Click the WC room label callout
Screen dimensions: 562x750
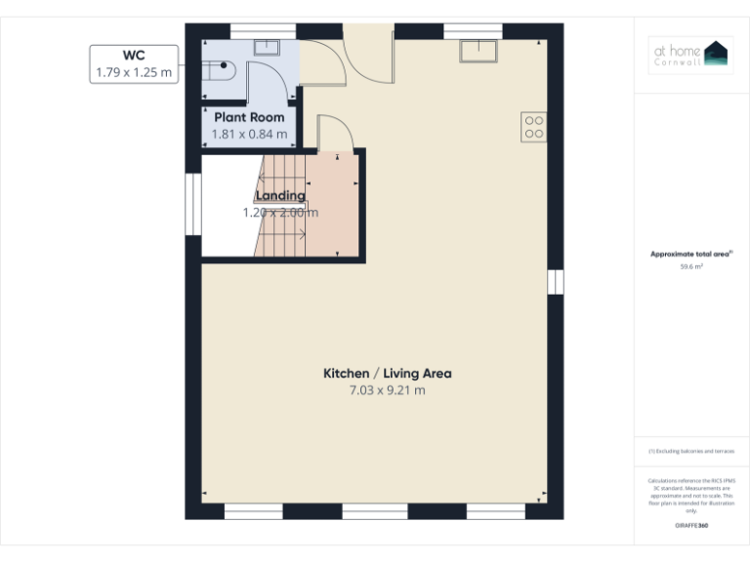pyautogui.click(x=135, y=63)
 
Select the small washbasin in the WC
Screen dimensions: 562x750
pyautogui.click(x=266, y=46)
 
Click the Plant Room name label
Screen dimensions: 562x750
pyautogui.click(x=250, y=117)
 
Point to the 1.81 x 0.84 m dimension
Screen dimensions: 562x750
pyautogui.click(x=250, y=134)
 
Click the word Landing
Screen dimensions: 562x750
pyautogui.click(x=280, y=195)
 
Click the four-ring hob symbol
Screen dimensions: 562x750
pyautogui.click(x=534, y=127)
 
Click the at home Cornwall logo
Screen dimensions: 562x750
pyautogui.click(x=691, y=56)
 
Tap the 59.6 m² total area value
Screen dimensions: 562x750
pyautogui.click(x=691, y=265)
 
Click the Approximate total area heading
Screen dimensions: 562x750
pyautogui.click(x=691, y=254)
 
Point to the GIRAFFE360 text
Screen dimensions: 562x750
pyautogui.click(x=691, y=526)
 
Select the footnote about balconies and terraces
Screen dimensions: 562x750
pyautogui.click(x=691, y=452)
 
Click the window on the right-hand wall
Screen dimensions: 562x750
pyautogui.click(x=557, y=282)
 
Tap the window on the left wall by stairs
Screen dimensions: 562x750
pyautogui.click(x=192, y=204)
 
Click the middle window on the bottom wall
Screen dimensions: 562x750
pyautogui.click(x=374, y=511)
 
